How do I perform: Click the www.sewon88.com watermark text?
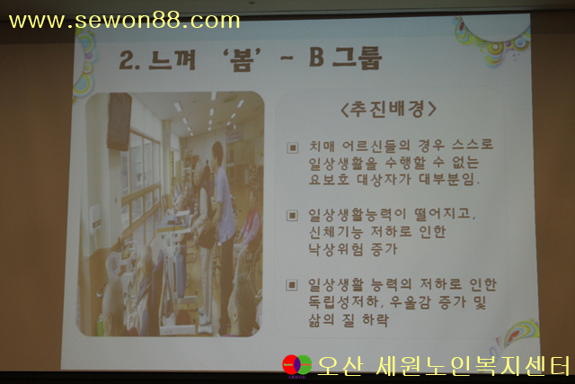coord(124,21)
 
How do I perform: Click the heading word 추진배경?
coord(389,109)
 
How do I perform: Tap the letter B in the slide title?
coord(316,58)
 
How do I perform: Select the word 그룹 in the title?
coord(358,58)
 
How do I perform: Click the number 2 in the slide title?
coord(127,59)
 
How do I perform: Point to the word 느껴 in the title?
coord(172,59)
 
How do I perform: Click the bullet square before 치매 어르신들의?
coord(292,148)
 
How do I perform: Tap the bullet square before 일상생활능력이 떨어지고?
coord(292,216)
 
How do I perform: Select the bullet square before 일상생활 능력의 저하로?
coord(291,285)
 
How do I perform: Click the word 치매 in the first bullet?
coord(322,146)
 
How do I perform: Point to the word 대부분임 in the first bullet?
coord(447,179)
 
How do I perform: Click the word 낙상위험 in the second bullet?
coord(335,249)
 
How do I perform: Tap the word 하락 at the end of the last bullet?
coord(376,320)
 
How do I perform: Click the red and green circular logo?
coord(297,366)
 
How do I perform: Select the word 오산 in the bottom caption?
coord(341,366)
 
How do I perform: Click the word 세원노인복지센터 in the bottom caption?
coord(473,366)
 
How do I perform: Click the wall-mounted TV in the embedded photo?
coord(119,121)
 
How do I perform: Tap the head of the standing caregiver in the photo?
coord(217,151)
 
